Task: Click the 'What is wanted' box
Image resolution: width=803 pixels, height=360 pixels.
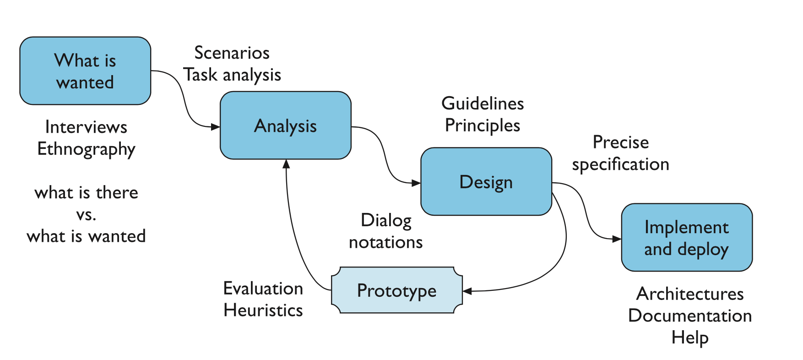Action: (x=85, y=71)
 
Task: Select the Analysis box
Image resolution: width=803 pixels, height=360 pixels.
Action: (x=285, y=125)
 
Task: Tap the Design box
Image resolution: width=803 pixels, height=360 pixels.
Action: (x=486, y=181)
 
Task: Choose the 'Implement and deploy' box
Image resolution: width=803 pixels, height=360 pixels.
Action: (x=686, y=238)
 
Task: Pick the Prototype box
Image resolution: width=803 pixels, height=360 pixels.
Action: (x=396, y=290)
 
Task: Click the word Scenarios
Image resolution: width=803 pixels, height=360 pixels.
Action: (x=232, y=53)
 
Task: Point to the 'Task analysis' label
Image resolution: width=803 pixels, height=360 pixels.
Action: (x=232, y=75)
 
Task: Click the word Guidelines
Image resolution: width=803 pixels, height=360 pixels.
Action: (x=483, y=104)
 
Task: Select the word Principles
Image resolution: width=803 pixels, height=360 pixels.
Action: (x=483, y=125)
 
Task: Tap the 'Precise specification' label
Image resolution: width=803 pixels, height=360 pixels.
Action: (x=620, y=153)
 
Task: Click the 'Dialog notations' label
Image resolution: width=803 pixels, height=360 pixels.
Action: (x=386, y=231)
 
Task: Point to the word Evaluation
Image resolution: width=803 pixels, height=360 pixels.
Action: (x=263, y=289)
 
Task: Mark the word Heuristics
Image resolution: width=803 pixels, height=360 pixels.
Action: (x=263, y=311)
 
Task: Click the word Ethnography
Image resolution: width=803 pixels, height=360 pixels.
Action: (x=86, y=149)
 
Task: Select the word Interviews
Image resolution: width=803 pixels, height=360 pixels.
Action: (x=86, y=127)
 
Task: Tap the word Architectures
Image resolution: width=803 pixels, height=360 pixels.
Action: (x=690, y=294)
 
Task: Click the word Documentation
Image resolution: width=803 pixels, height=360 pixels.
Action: (x=690, y=316)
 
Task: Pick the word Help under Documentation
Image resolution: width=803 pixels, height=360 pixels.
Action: (x=690, y=338)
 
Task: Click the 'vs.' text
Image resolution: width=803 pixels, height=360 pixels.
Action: (x=86, y=214)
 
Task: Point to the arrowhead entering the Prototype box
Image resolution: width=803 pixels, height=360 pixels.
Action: (x=467, y=291)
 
